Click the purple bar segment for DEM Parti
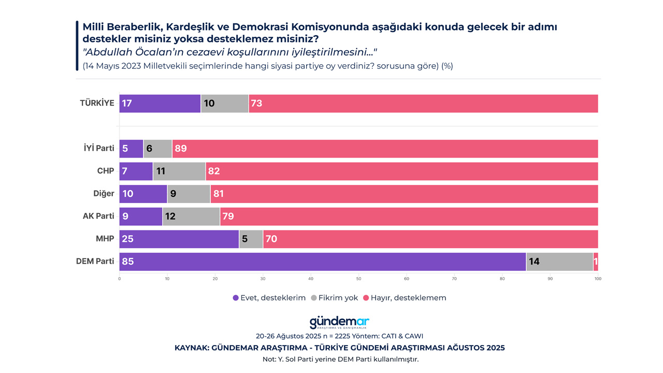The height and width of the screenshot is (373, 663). point(322,262)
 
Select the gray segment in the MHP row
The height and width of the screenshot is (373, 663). point(251,239)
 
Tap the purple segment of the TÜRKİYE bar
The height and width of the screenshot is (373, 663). point(160,104)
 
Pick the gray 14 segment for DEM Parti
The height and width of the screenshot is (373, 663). point(559,262)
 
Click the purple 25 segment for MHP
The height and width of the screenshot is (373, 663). point(179,239)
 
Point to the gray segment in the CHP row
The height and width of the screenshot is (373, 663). point(179,171)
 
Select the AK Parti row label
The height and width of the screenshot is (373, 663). point(98,216)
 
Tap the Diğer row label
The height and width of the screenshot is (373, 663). point(104,193)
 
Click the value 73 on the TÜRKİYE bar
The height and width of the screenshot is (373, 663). point(256,104)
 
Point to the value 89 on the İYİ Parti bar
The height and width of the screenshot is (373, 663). point(181,149)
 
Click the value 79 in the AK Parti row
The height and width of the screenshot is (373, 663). point(228,217)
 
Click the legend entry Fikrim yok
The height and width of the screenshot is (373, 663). point(335,298)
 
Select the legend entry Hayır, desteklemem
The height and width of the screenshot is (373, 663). point(404,298)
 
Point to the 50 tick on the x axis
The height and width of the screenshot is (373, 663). point(358,279)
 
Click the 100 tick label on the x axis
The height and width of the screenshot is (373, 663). point(598,279)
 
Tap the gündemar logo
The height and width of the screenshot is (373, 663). point(339,322)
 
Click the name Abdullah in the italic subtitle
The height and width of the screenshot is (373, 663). point(108,52)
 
